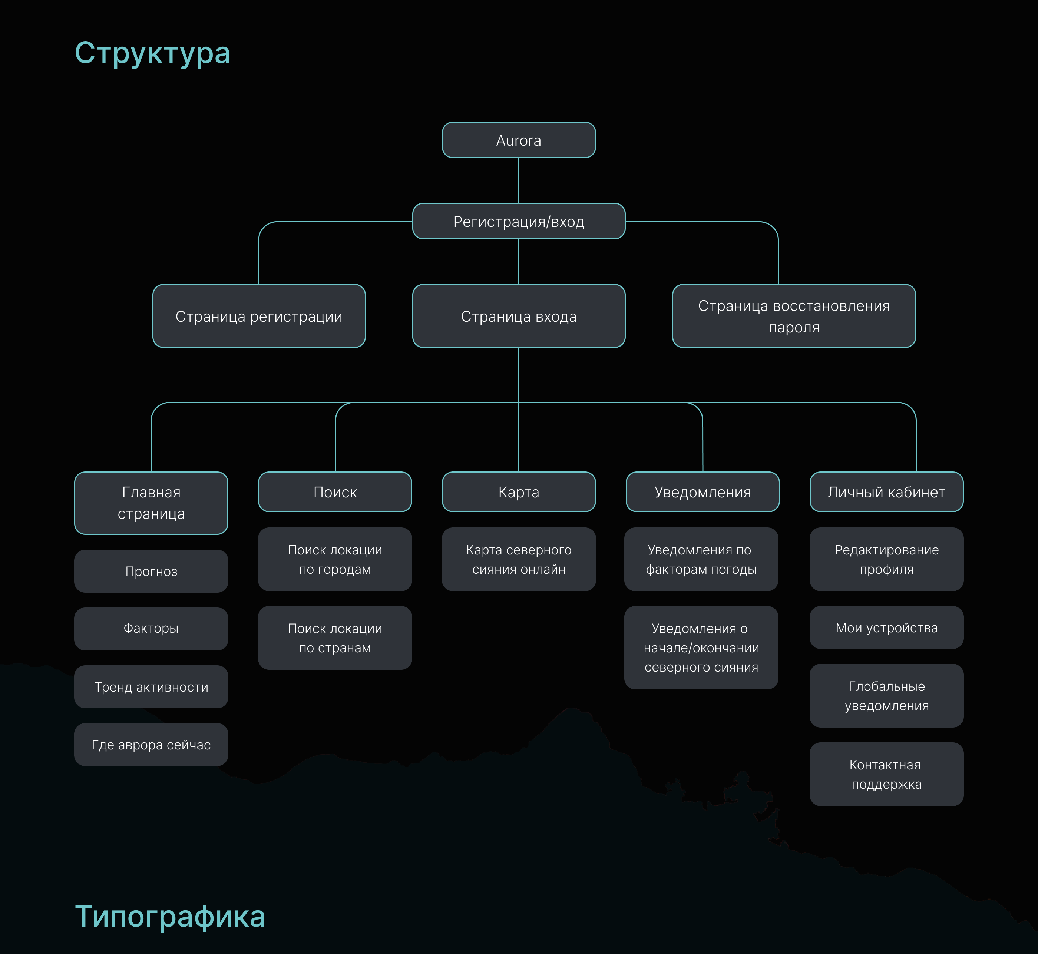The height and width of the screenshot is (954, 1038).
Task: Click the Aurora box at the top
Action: (519, 140)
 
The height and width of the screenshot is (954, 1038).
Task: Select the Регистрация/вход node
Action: (519, 222)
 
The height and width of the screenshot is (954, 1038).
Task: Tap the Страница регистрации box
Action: (259, 316)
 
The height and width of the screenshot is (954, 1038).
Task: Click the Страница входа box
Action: (519, 316)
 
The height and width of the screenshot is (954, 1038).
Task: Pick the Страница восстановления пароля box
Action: (794, 316)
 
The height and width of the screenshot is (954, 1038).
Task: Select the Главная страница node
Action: (151, 503)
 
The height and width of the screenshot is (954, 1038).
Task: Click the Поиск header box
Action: (335, 492)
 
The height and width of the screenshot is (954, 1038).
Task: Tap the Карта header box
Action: (519, 492)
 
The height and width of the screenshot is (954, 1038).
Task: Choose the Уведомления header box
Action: (703, 492)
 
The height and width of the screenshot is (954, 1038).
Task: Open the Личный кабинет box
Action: (886, 492)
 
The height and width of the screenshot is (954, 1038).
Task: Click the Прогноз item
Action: (151, 571)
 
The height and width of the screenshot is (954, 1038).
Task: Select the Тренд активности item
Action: (151, 686)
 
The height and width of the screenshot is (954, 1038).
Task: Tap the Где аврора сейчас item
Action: (151, 744)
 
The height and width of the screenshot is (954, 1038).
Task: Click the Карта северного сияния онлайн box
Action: (519, 559)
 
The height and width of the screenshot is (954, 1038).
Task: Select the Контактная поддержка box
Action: (886, 774)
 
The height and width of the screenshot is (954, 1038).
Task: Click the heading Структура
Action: (152, 53)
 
